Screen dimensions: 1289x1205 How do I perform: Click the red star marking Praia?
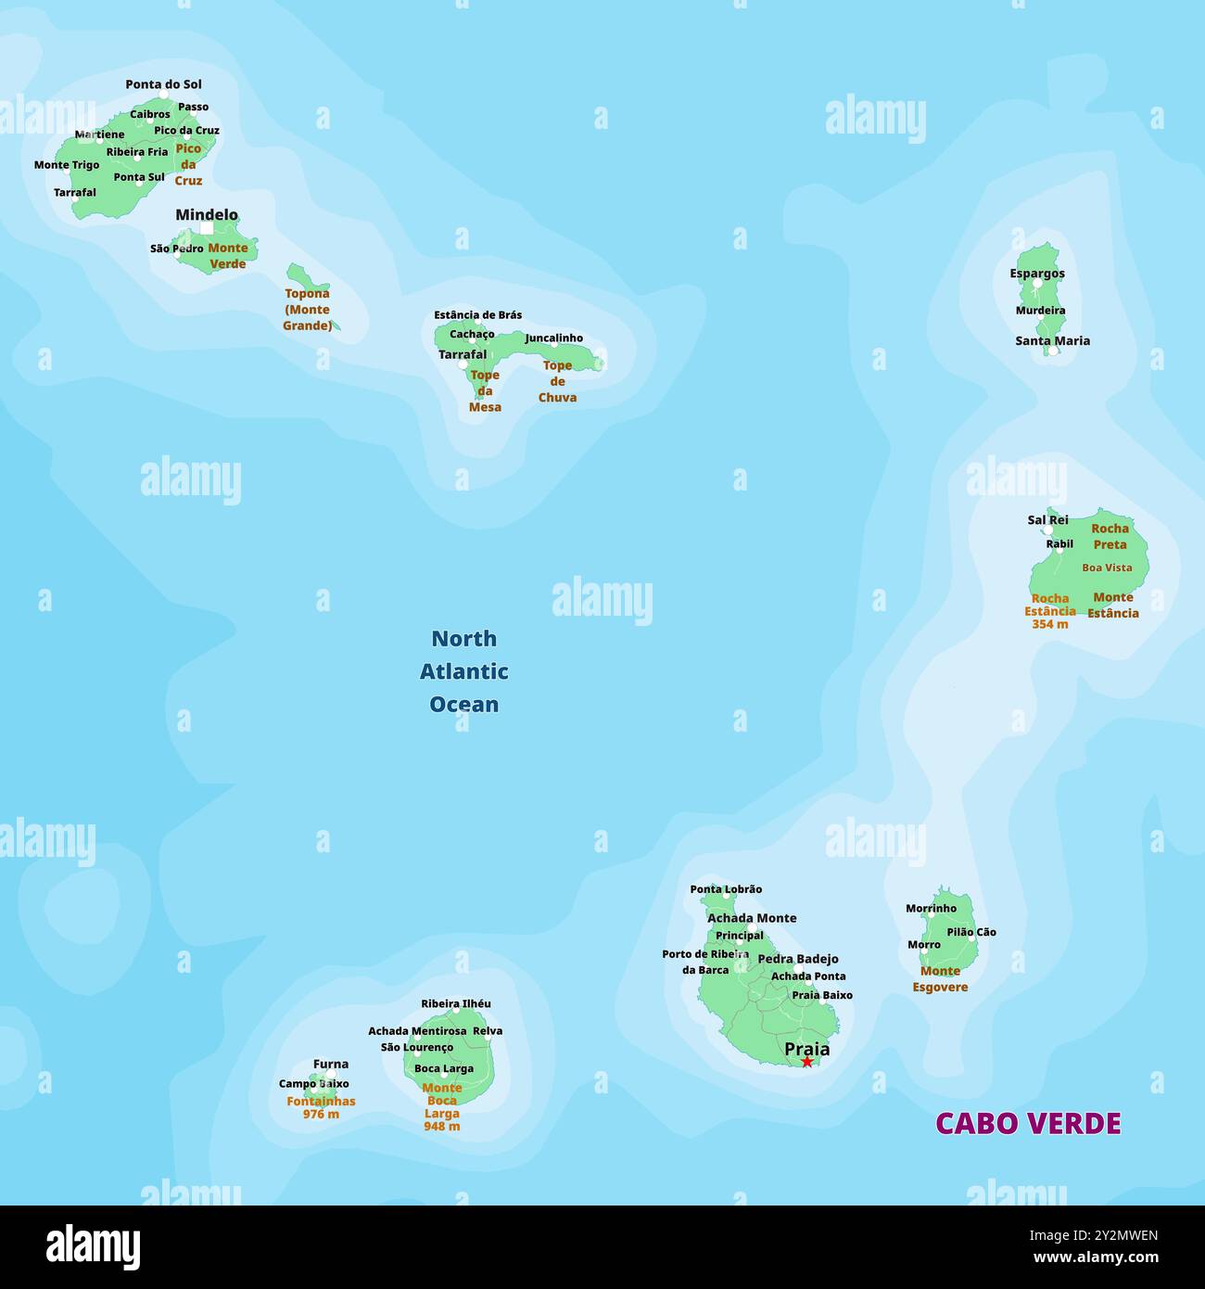point(806,1062)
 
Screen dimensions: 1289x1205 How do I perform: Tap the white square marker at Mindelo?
point(207,228)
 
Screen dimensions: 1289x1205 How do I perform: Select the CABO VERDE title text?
point(1028,1123)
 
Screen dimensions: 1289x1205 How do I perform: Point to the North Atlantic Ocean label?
point(463,671)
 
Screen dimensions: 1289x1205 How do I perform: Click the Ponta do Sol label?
point(163,84)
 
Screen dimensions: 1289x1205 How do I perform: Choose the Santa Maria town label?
point(1052,340)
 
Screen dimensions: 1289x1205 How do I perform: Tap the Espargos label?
point(1037,274)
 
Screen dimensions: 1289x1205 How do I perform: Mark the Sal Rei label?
point(1047,520)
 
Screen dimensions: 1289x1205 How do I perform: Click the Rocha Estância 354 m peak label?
point(1050,611)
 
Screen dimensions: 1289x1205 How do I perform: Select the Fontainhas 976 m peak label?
point(321,1107)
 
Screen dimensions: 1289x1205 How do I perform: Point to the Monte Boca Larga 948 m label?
point(442,1107)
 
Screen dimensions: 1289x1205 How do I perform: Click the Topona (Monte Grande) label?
point(307,310)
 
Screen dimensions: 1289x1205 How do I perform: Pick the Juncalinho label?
point(554,338)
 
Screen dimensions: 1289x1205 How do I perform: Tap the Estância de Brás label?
point(477,315)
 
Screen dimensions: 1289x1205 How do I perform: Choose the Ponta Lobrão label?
point(726,889)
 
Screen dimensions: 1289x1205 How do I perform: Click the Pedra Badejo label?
point(798,959)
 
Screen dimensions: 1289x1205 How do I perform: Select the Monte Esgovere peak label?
point(940,979)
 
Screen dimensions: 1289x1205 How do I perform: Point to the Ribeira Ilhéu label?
point(456,1003)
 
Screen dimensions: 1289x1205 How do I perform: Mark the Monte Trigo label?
point(67,165)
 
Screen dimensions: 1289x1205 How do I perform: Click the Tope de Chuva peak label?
point(557,381)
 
